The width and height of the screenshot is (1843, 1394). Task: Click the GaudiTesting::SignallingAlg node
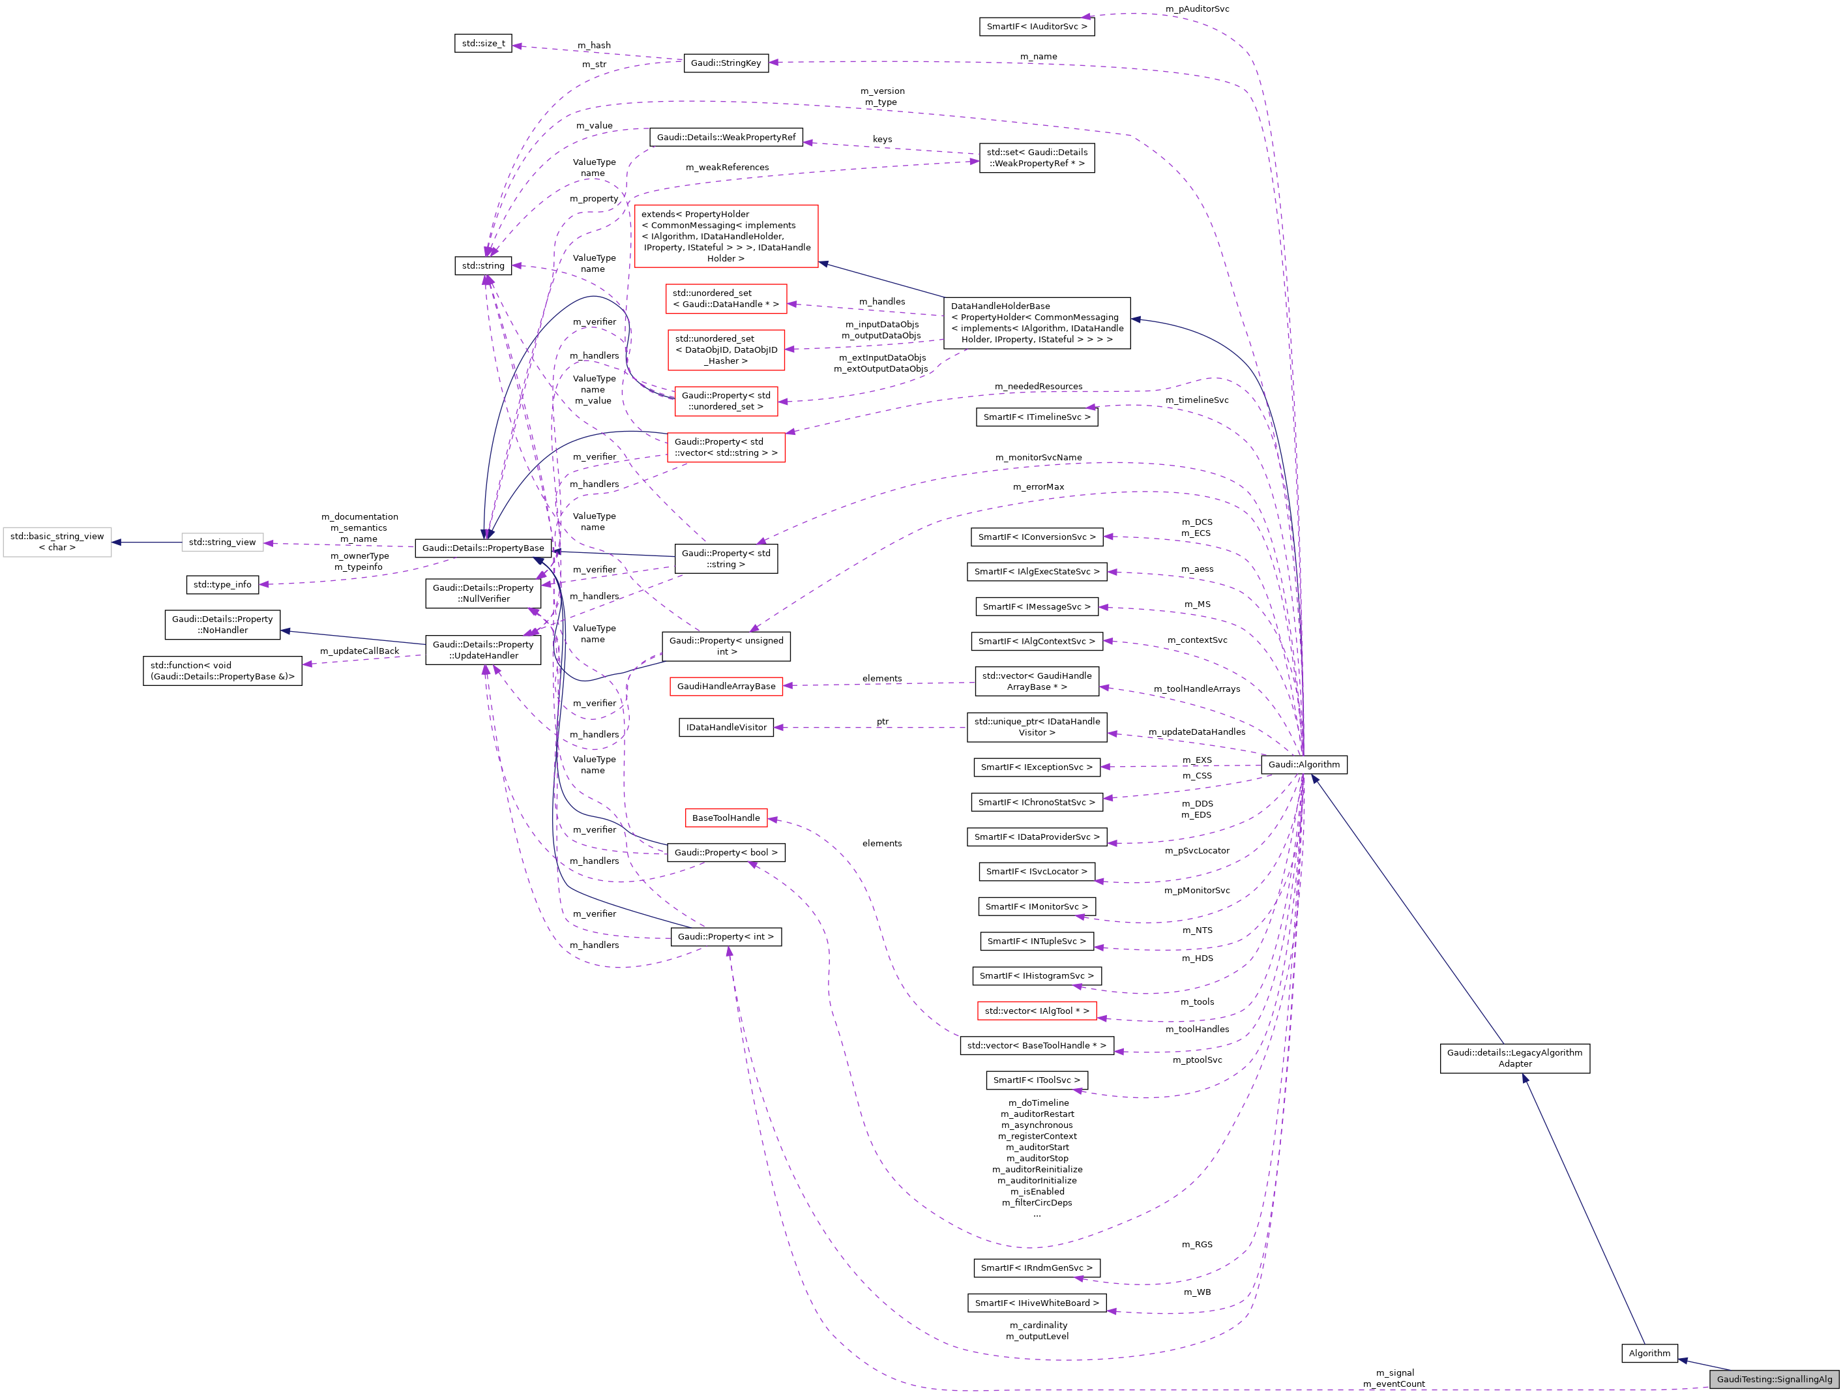coord(1774,1379)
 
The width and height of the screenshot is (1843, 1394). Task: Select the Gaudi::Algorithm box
coord(1303,764)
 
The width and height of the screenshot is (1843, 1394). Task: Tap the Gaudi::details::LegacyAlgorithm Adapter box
coord(1514,1058)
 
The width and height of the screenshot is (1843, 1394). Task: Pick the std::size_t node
coord(483,43)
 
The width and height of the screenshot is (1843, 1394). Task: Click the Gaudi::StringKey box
coord(726,63)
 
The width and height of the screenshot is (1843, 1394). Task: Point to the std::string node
coord(483,266)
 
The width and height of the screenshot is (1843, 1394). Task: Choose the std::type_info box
coord(222,584)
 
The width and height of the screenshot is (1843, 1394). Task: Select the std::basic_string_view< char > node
coord(57,542)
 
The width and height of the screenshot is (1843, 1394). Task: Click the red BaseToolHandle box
coord(726,818)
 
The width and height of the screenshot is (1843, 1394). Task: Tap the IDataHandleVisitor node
coord(726,728)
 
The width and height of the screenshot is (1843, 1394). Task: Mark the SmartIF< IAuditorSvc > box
coord(1037,27)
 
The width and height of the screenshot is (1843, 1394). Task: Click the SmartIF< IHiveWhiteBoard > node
coord(1037,1302)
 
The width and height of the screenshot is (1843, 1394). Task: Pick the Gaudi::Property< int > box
coord(726,936)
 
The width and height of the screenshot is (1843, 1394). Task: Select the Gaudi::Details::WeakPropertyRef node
coord(726,138)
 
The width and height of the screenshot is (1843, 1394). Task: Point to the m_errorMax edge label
coord(1038,486)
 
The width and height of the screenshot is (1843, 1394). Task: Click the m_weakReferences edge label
coord(726,168)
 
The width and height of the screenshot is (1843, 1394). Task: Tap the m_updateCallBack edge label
coord(359,651)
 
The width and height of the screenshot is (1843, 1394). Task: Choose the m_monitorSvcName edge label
coord(1038,458)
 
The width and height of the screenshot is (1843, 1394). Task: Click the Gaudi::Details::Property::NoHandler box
coord(222,624)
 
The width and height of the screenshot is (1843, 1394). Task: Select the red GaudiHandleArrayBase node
coord(726,686)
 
